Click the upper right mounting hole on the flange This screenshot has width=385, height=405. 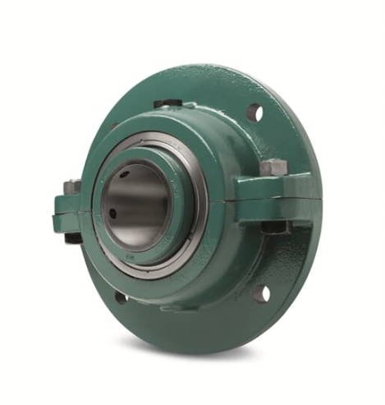tap(254, 113)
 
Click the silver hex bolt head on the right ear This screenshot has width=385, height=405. tap(273, 168)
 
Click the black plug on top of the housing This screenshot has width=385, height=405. tap(168, 104)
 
